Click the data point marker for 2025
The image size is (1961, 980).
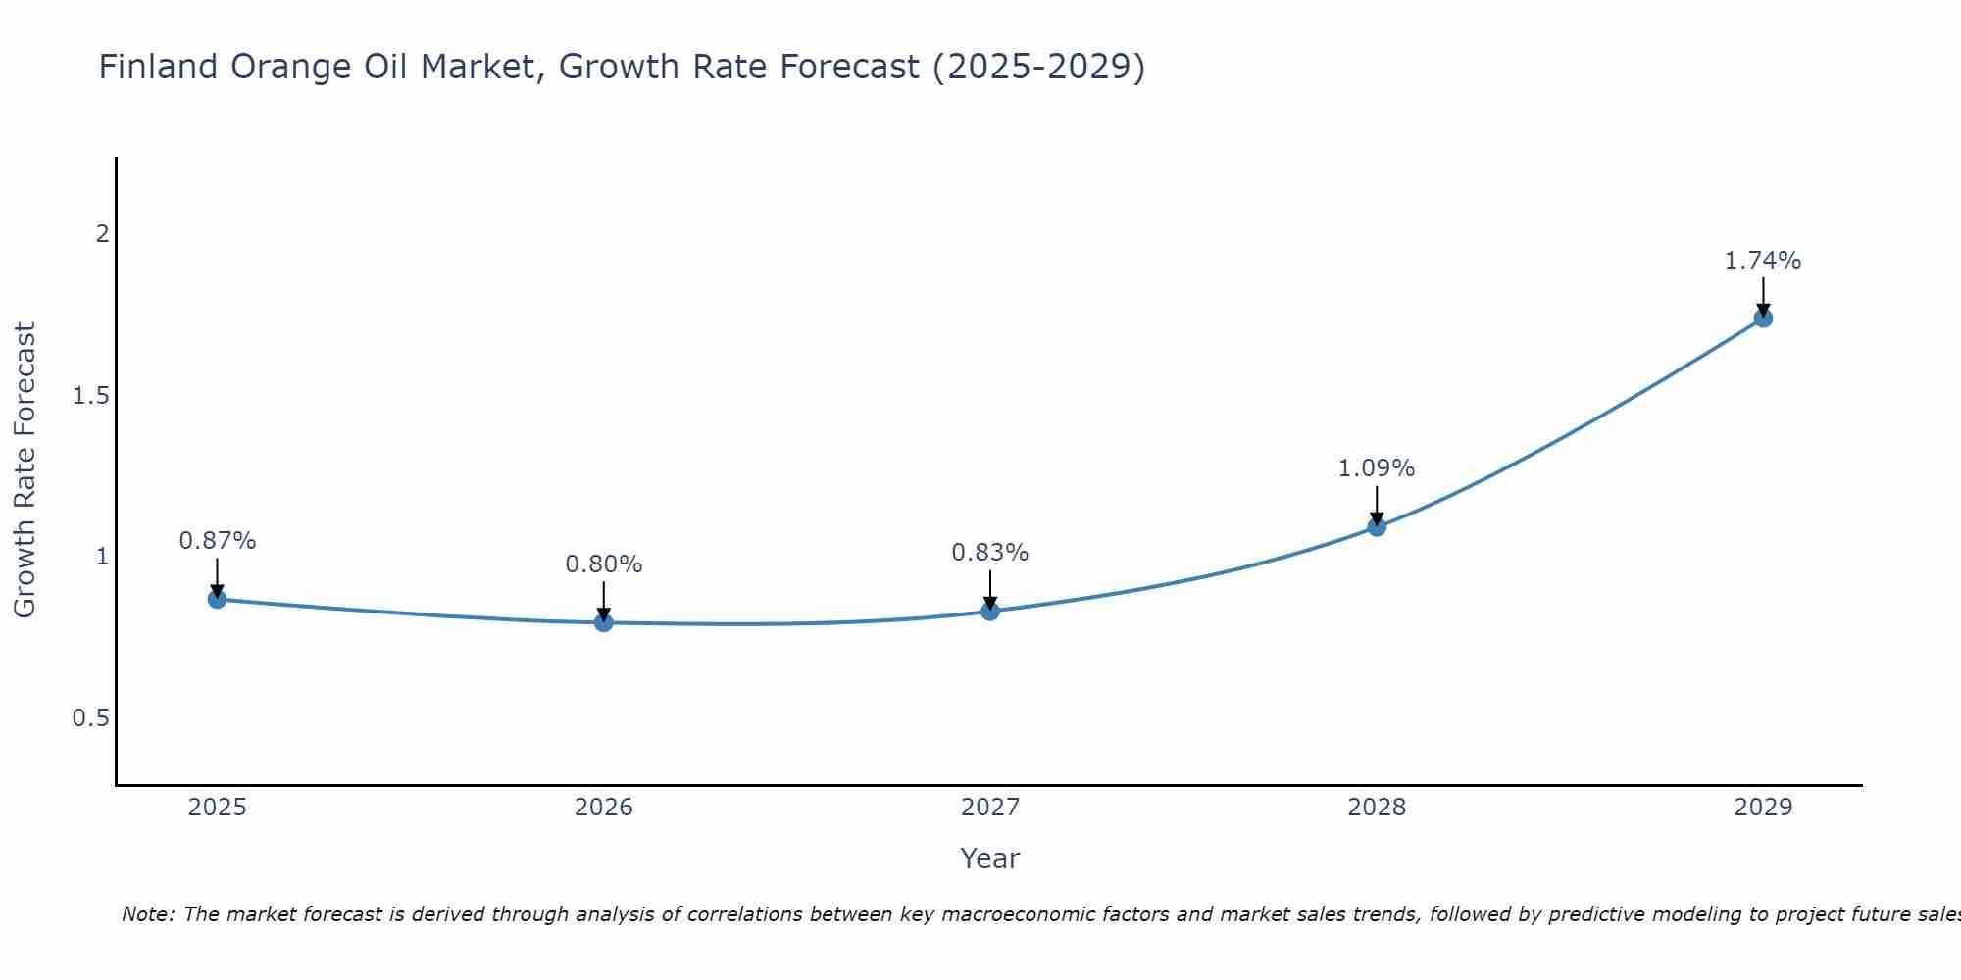tap(218, 599)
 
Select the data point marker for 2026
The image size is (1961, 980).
tap(604, 621)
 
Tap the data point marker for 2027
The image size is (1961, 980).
tap(990, 612)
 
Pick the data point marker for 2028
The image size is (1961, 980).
tap(1377, 527)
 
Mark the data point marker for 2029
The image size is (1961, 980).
tap(1763, 318)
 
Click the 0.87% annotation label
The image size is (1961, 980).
tap(218, 541)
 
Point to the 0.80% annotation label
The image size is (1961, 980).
tap(604, 564)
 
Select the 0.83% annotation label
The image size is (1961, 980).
tap(990, 553)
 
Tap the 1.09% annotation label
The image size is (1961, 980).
tap(1377, 468)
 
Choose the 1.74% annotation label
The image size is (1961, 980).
tap(1763, 261)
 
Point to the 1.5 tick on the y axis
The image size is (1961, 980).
tap(90, 396)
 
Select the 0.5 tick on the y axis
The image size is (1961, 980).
tap(90, 718)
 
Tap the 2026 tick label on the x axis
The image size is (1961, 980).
tap(604, 808)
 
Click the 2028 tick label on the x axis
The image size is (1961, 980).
tap(1377, 808)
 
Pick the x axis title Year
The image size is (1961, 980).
tap(990, 858)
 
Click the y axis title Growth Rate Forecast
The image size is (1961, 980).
tap(25, 470)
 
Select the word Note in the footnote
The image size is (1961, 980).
tap(147, 914)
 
